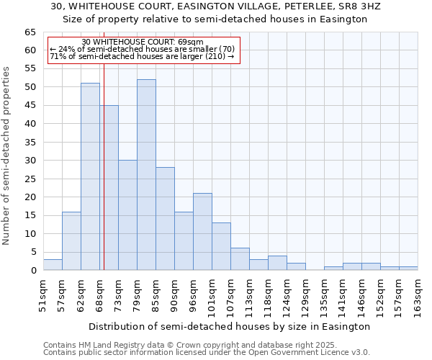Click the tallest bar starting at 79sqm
pos(146,175)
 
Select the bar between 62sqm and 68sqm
pos(90,176)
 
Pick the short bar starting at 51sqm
pos(53,264)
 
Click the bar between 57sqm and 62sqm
pos(71,241)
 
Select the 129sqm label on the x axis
pos(305,295)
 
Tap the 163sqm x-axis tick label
pos(418,295)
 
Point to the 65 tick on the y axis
pos(30,32)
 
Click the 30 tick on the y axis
pos(30,161)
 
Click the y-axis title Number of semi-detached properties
pos(7,156)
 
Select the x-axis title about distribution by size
pos(230,326)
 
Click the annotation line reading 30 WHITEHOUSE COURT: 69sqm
pos(143,42)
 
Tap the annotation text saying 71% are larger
pos(142,56)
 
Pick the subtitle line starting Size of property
pos(215,19)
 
